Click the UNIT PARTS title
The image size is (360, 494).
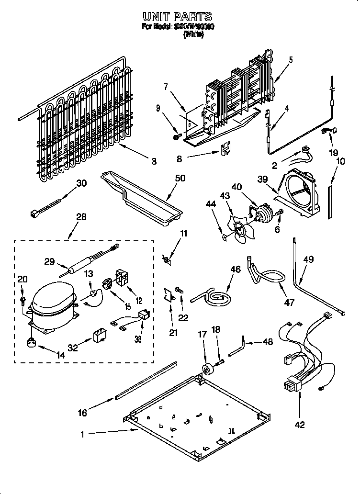[178, 18]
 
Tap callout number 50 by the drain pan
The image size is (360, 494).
[180, 178]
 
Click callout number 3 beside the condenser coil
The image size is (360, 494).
[153, 161]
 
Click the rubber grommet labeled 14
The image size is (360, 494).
[32, 343]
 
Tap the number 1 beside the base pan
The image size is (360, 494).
[83, 435]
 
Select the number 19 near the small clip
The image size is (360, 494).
[333, 153]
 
